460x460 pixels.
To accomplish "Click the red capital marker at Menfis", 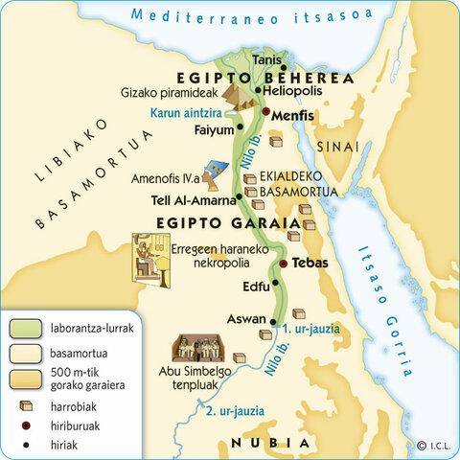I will click(x=266, y=113).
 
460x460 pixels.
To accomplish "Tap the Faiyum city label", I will click(x=213, y=129).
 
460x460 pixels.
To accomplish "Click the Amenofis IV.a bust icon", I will click(x=218, y=175).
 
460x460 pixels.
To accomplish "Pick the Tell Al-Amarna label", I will click(x=193, y=201).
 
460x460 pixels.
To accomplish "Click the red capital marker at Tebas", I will click(x=283, y=263).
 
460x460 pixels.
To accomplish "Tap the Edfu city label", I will click(x=255, y=286).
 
